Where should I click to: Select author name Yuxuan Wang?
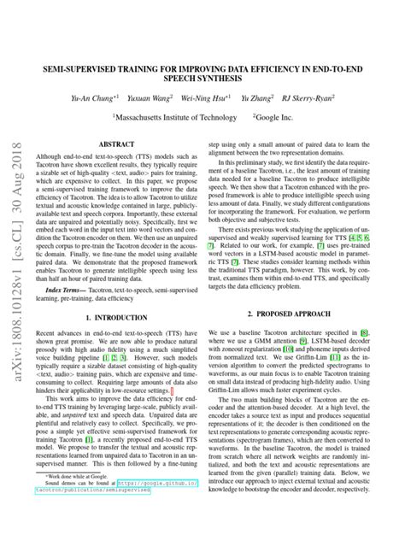click(x=150, y=97)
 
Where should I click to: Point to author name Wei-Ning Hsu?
click(x=209, y=97)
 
